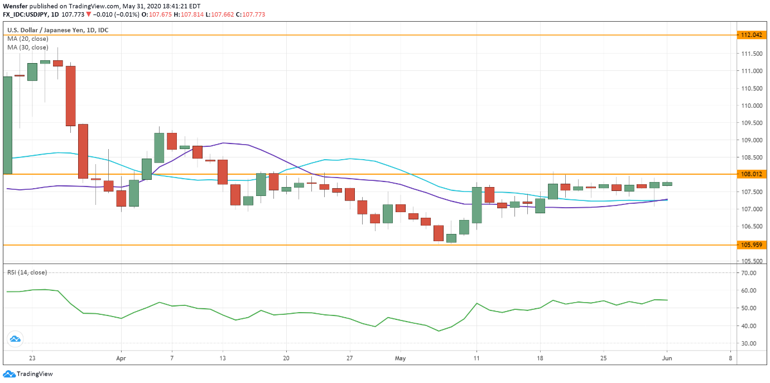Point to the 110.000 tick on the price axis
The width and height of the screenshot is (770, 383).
coord(751,106)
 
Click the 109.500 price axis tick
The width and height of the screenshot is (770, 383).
coord(751,123)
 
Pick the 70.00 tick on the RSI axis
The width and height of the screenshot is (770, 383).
coord(749,273)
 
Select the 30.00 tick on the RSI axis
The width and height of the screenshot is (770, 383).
coord(749,343)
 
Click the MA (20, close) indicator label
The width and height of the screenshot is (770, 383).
coord(28,39)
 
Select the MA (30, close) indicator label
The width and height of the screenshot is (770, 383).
coord(28,47)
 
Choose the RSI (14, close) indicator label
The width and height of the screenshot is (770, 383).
coord(27,272)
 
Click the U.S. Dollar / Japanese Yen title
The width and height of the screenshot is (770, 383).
coord(57,30)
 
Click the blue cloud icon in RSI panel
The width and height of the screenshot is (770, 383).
coord(15,338)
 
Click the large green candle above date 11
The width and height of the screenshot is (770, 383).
coord(477,205)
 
